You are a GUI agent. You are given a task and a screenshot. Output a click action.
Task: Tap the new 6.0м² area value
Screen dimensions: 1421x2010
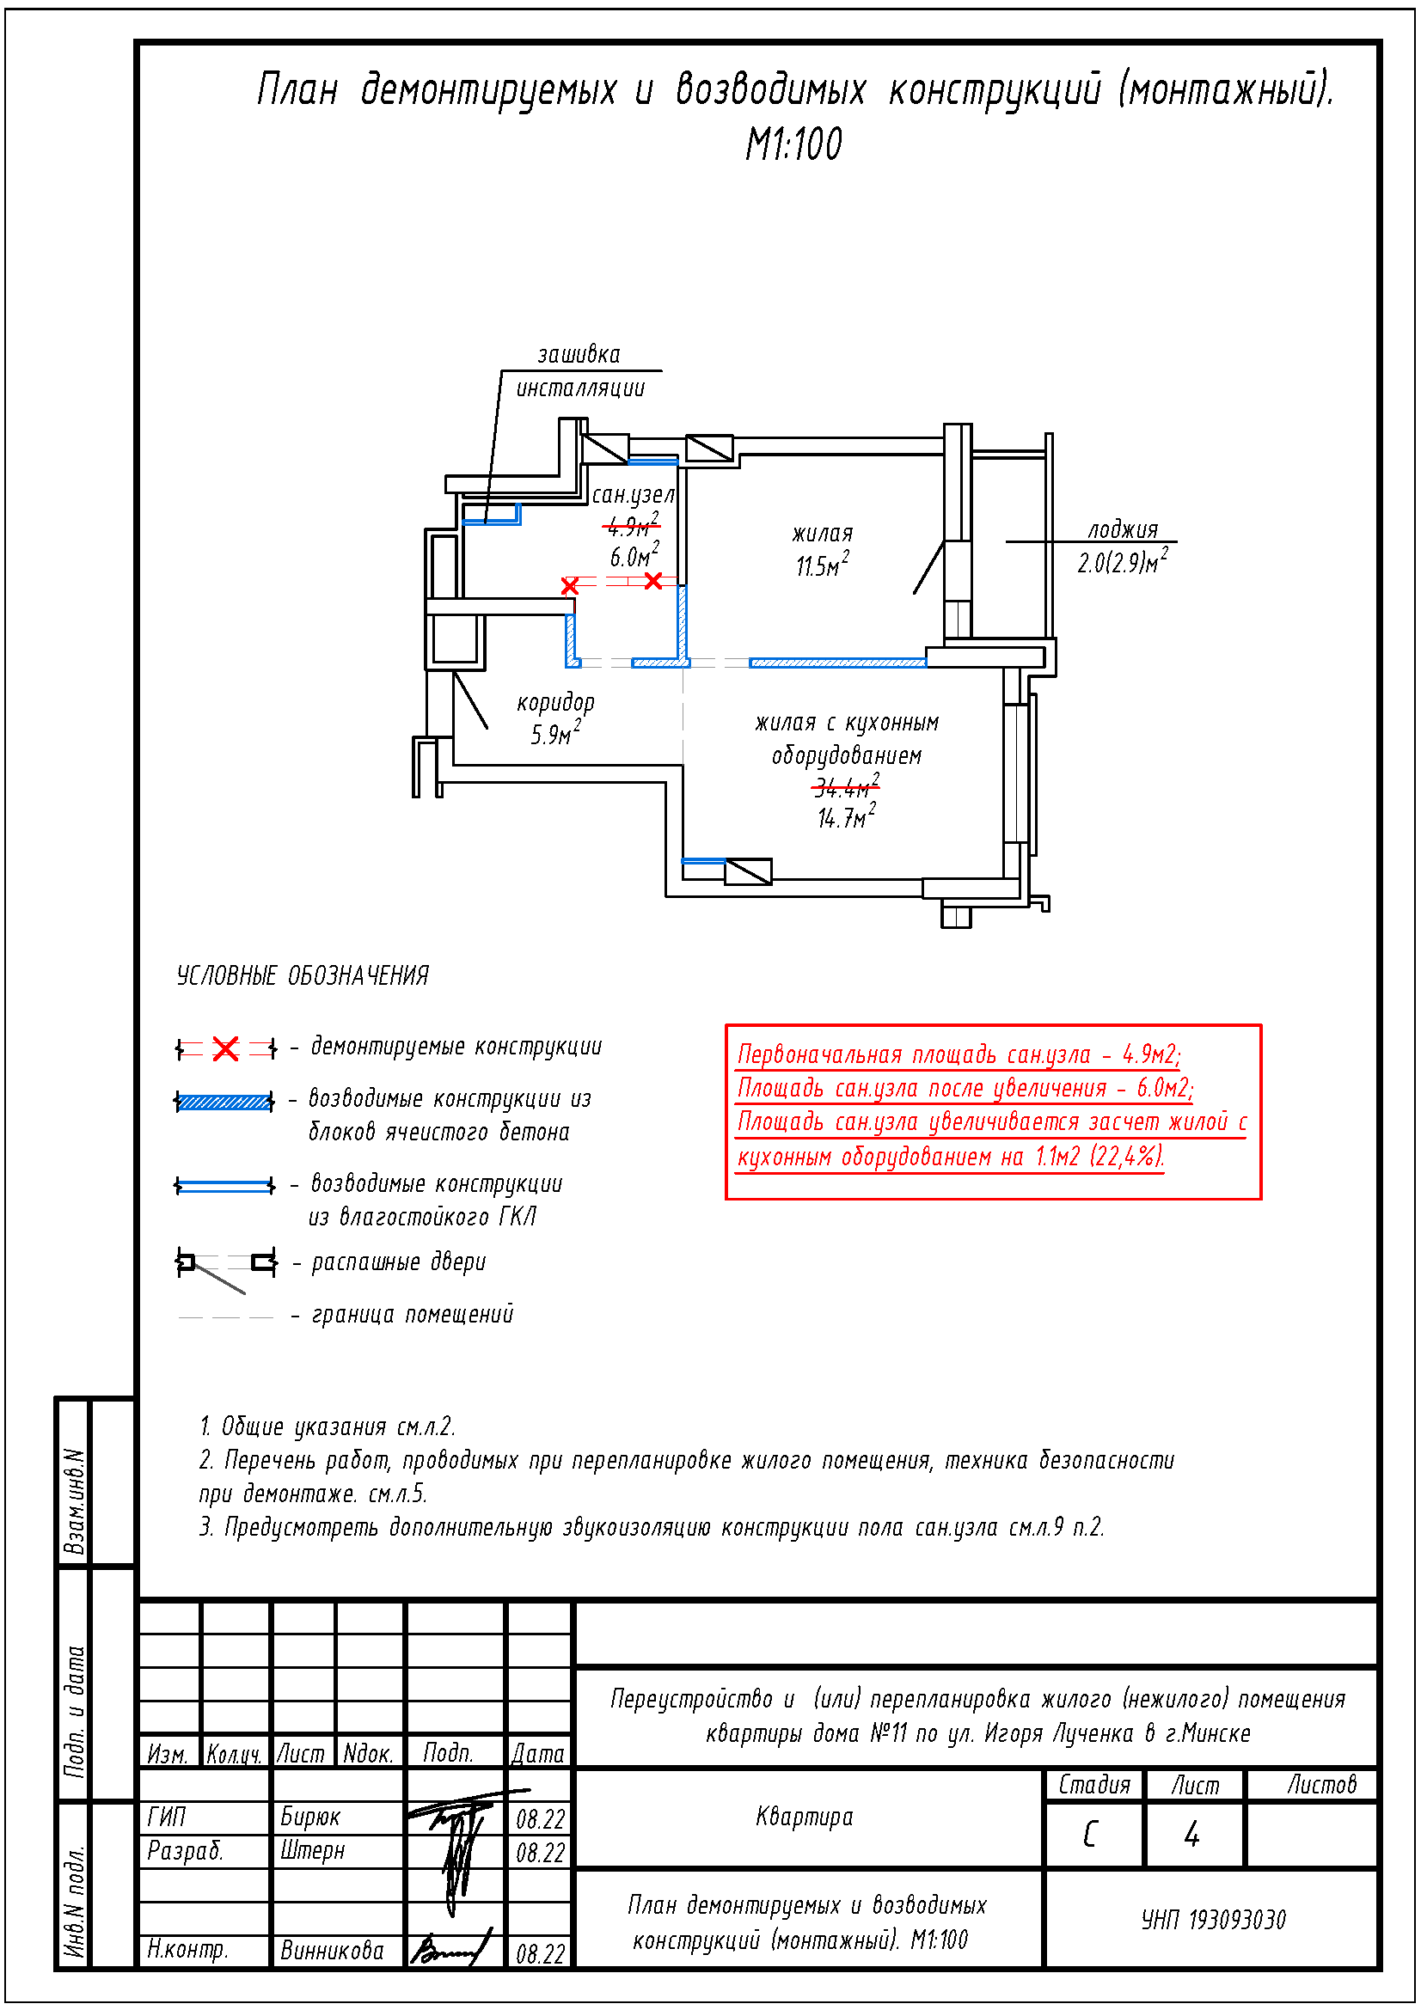tap(634, 554)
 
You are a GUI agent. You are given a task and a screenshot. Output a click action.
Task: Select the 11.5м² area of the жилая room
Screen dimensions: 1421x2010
tap(821, 564)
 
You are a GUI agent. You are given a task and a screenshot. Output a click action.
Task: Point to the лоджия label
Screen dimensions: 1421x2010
tap(1123, 529)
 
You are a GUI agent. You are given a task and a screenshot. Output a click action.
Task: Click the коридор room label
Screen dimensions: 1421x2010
tap(555, 702)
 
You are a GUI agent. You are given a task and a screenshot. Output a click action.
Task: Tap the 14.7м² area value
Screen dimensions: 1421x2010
tap(846, 816)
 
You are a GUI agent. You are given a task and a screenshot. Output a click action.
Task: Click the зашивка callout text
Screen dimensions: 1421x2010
tap(578, 355)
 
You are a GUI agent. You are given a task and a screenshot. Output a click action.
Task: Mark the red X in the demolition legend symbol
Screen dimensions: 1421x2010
tap(225, 1048)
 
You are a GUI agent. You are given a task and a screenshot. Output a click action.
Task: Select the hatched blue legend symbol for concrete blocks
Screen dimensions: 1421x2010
tap(224, 1102)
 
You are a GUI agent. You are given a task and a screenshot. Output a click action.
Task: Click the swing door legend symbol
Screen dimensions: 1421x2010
tap(226, 1268)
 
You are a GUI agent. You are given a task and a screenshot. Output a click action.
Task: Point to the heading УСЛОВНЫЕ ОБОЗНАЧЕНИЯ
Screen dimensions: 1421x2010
tap(302, 975)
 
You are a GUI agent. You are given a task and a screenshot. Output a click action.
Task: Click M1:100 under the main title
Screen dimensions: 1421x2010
tap(793, 144)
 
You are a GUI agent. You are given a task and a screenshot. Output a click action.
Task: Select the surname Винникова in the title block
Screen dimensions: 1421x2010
tap(332, 1951)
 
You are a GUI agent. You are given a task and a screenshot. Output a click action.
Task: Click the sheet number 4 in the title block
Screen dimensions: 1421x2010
tap(1191, 1834)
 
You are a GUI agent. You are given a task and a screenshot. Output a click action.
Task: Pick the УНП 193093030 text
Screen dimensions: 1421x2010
tap(1213, 1920)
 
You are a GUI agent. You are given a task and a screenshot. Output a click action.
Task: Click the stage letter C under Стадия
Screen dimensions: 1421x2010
tap(1089, 1834)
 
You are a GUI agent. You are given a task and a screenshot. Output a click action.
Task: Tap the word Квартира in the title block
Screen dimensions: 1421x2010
tap(804, 1817)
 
